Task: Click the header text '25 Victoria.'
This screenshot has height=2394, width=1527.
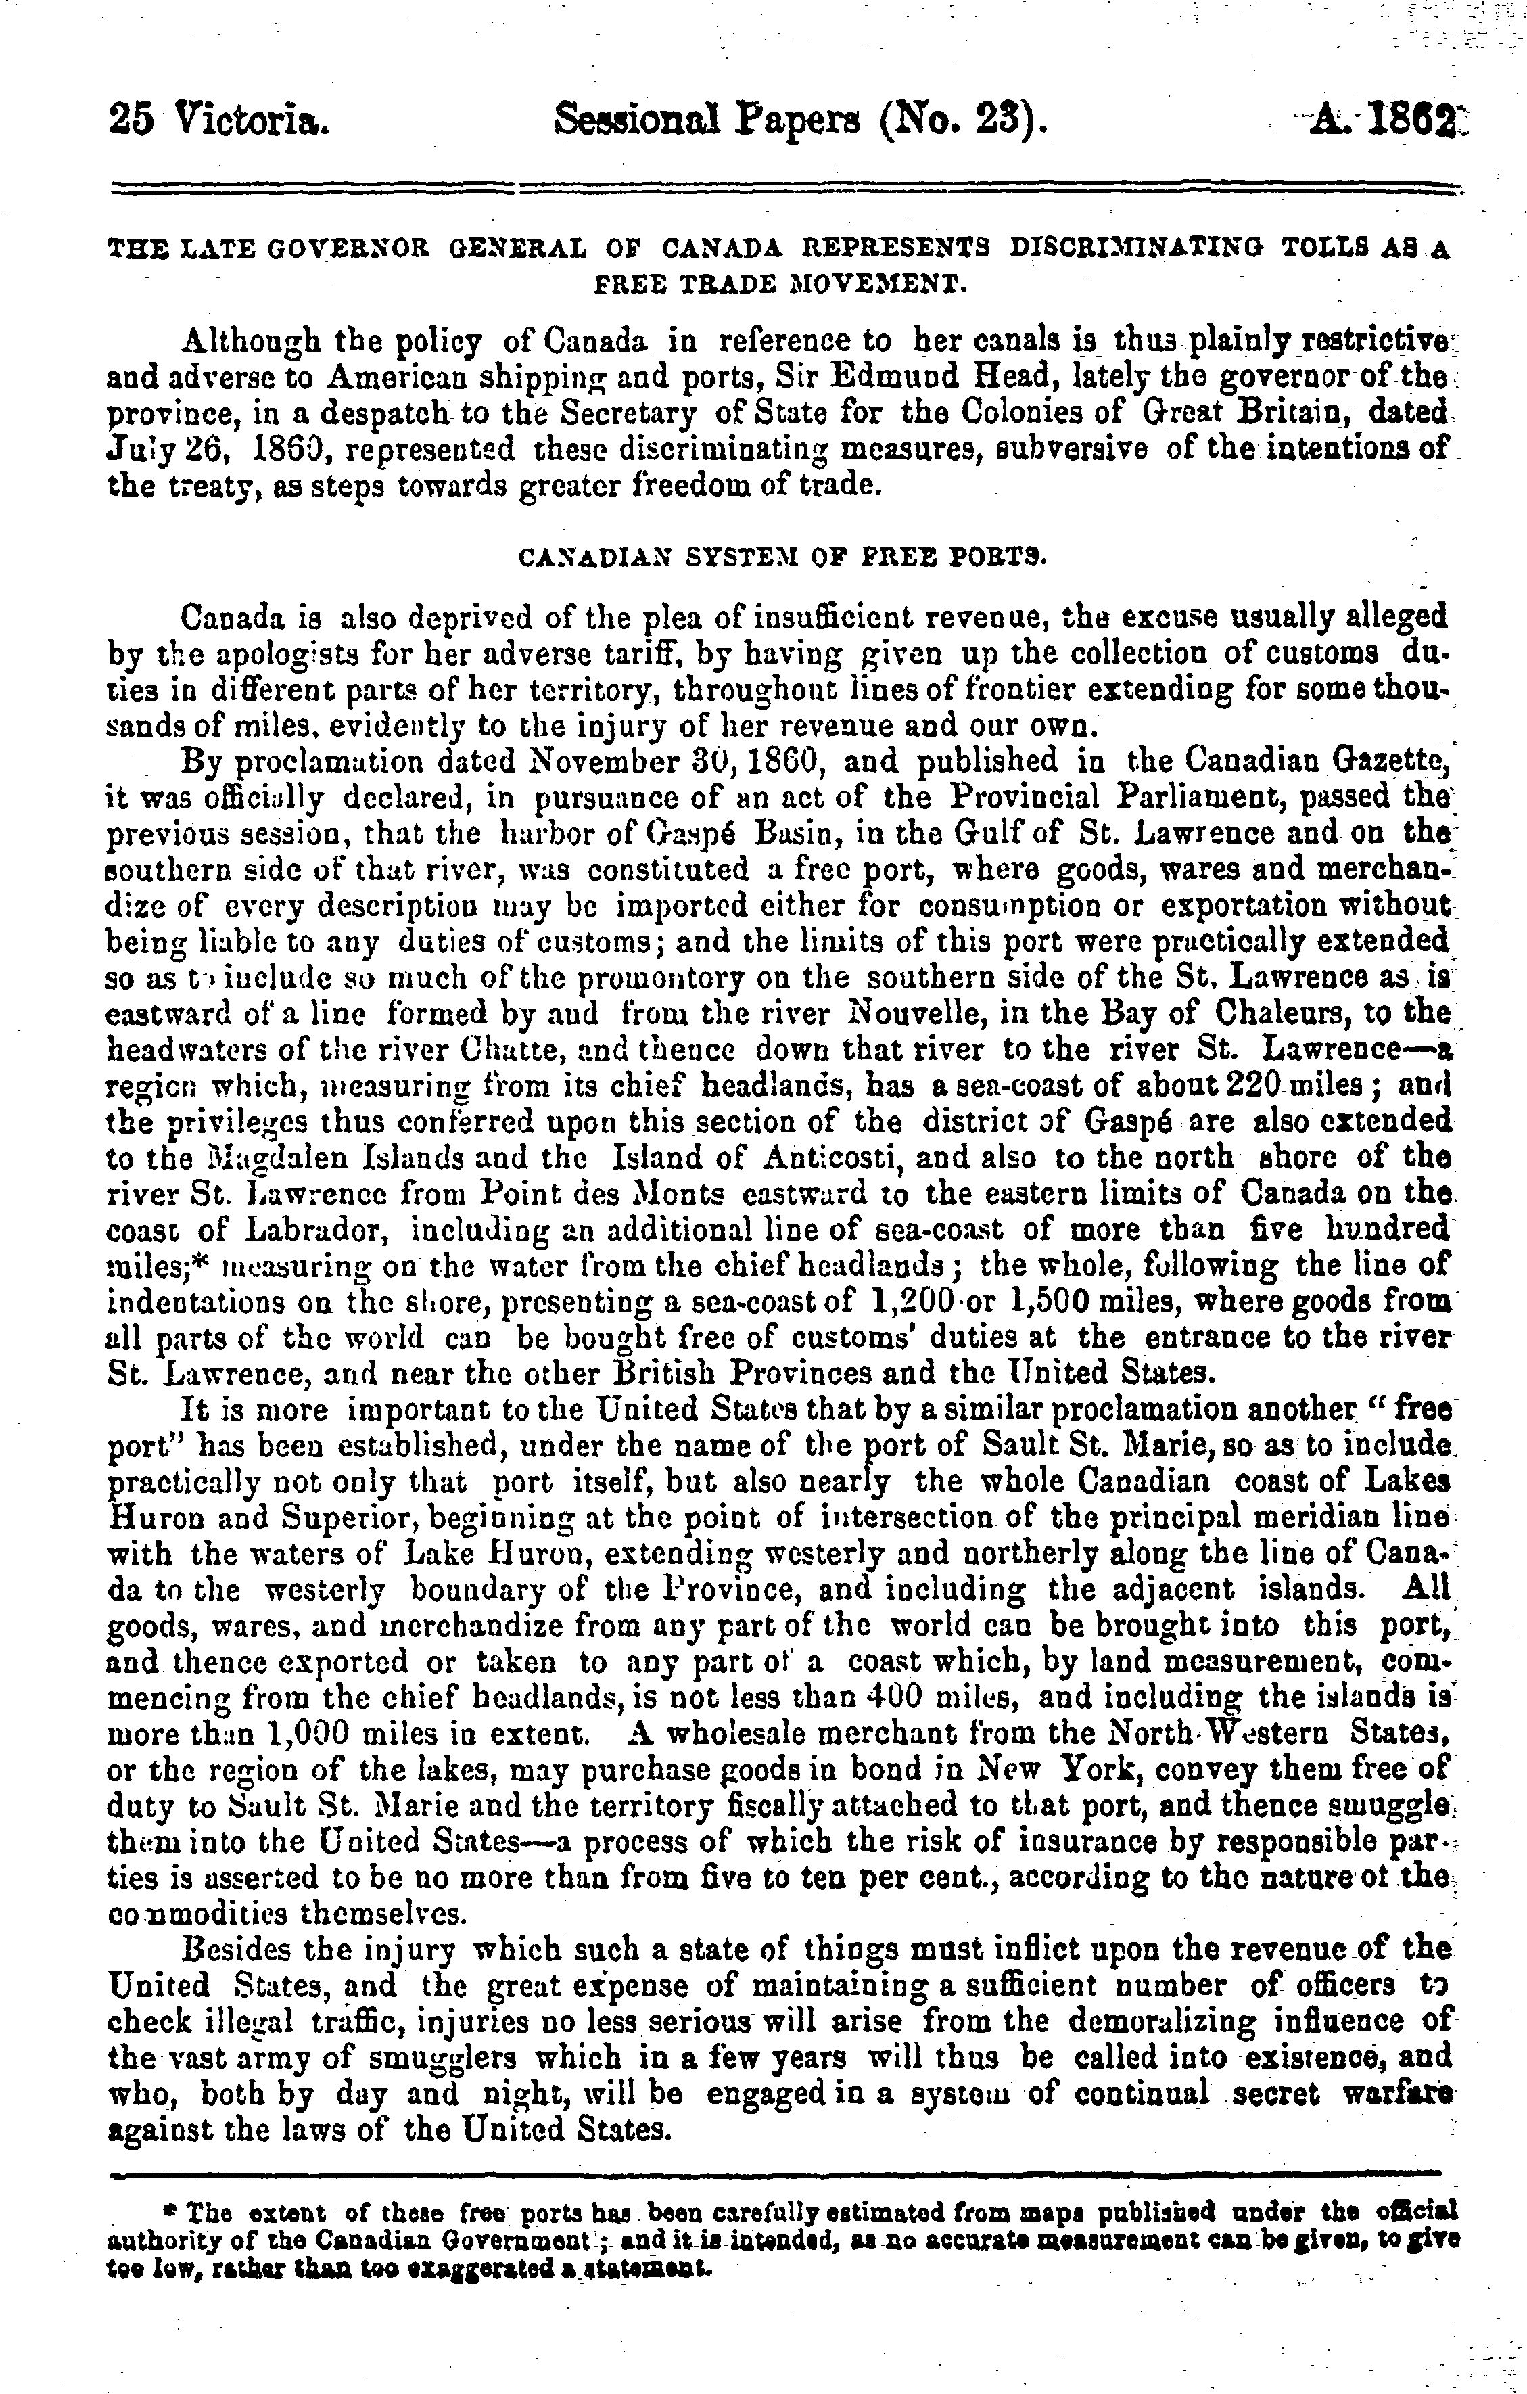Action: click(218, 123)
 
